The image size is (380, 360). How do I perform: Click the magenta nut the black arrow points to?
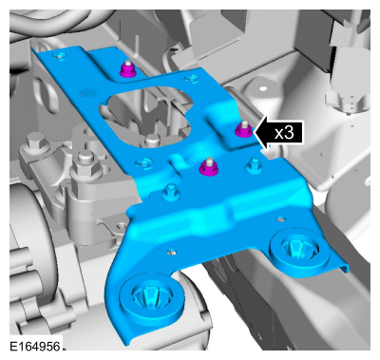[244, 129]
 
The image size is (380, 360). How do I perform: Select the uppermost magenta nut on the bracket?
[128, 69]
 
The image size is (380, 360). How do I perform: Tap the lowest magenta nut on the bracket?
[208, 167]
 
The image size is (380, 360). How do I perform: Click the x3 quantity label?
[284, 133]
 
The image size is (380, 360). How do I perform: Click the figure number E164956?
[34, 346]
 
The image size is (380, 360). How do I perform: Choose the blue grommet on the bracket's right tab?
[299, 248]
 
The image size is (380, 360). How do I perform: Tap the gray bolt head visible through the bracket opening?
[151, 141]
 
